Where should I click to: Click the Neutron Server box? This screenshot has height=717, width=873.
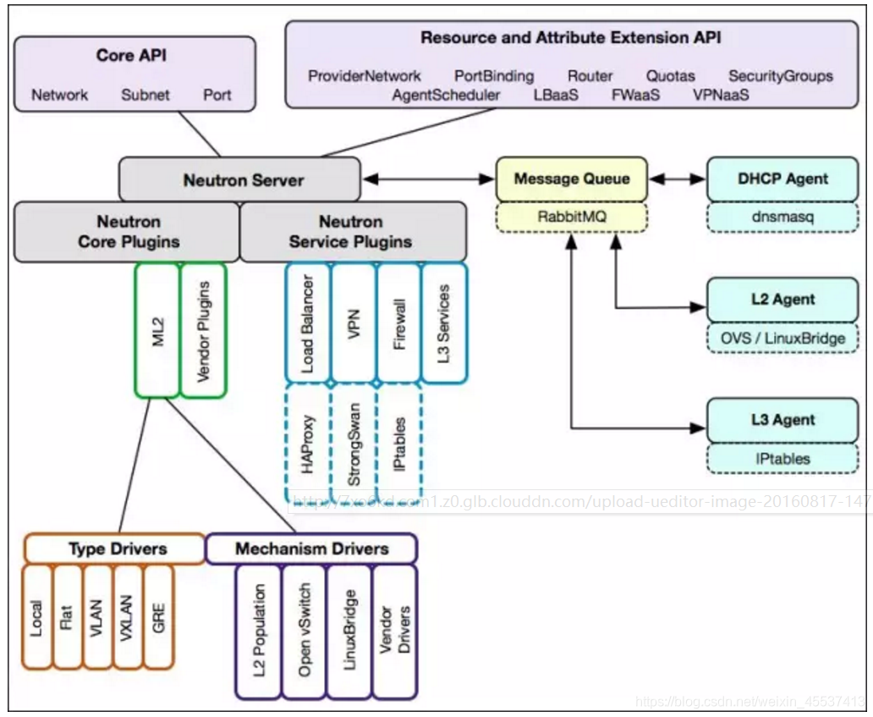click(244, 179)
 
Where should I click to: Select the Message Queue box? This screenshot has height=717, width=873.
click(572, 179)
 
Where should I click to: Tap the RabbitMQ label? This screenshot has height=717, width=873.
click(572, 217)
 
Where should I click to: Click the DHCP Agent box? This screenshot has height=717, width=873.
click(782, 179)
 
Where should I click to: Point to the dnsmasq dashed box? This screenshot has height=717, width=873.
click(782, 217)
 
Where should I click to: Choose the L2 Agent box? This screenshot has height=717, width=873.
click(782, 300)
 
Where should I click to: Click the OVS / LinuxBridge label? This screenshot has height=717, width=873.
click(782, 338)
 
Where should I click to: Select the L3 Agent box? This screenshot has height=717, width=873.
click(782, 420)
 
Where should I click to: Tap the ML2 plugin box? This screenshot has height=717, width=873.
click(157, 330)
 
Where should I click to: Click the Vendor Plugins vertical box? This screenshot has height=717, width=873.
click(204, 330)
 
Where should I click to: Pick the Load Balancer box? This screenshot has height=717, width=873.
click(308, 323)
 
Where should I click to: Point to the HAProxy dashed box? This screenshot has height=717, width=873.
click(308, 444)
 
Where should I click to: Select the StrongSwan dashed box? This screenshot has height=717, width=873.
click(354, 444)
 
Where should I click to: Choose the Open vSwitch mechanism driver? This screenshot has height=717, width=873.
click(305, 632)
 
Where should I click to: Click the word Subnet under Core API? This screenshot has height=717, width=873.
click(145, 95)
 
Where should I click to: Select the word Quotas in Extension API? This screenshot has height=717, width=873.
click(671, 76)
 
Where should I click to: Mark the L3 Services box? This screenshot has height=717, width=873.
click(444, 323)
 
